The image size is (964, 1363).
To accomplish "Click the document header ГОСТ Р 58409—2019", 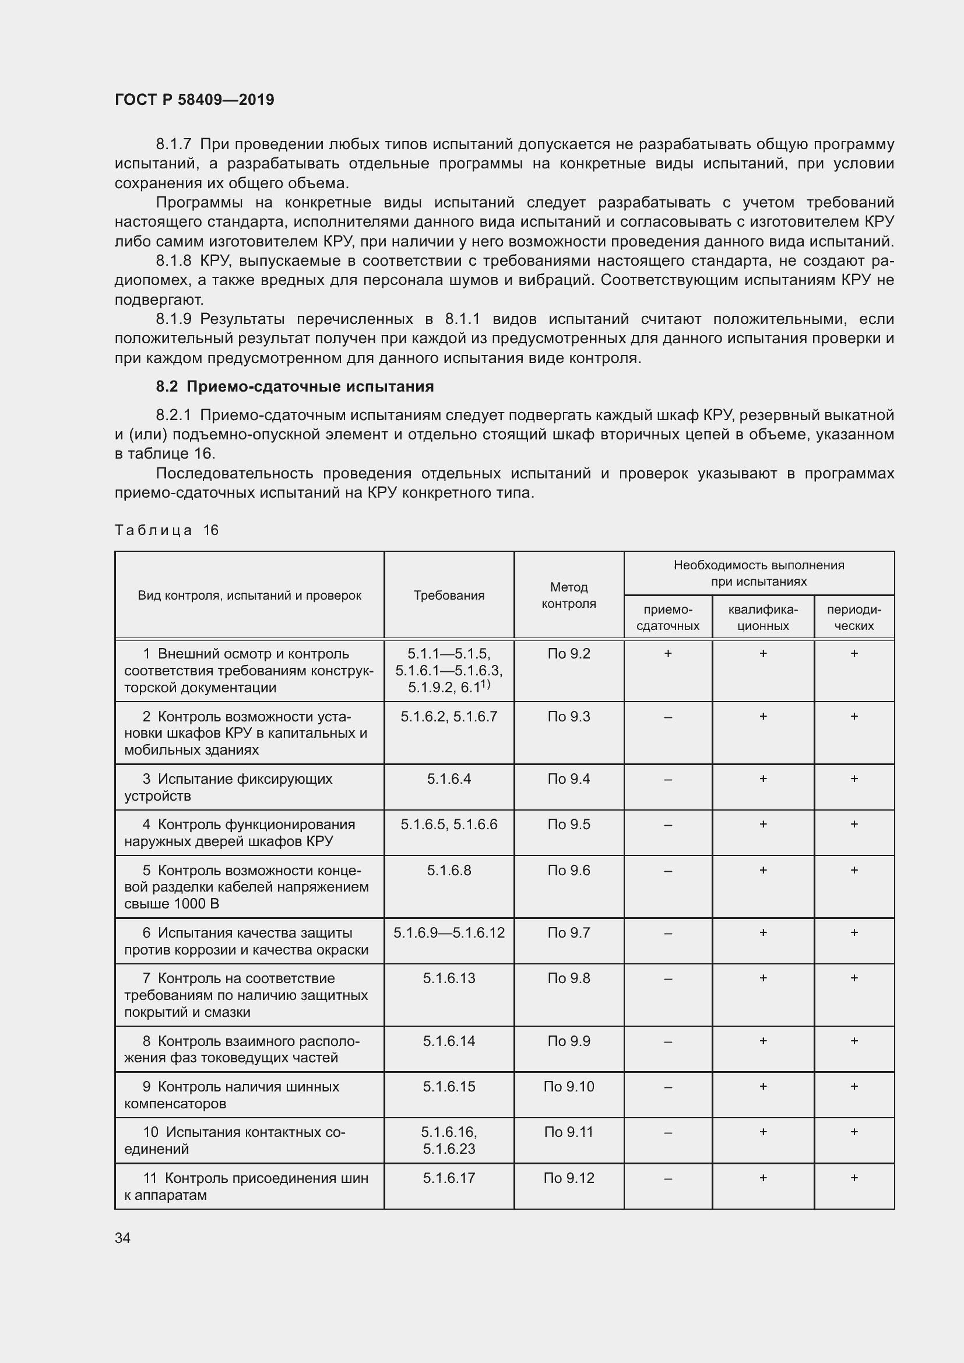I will [x=194, y=100].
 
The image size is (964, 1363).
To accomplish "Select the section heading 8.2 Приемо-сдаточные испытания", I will [x=294, y=386].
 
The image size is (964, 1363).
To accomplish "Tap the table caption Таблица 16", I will [x=166, y=530].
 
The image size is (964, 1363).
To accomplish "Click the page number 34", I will [x=122, y=1238].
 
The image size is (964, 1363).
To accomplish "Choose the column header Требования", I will [x=449, y=596].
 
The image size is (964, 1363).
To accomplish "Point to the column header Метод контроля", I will [x=569, y=596].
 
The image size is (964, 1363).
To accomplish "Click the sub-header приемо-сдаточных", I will [x=668, y=617].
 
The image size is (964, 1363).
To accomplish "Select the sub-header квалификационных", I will [x=763, y=617].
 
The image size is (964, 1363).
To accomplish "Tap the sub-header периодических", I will [x=854, y=617].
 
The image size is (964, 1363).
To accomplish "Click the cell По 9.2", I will [x=569, y=654].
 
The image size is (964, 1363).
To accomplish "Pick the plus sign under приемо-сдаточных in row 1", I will [x=668, y=654].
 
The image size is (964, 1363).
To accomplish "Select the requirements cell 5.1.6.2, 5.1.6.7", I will [x=449, y=717].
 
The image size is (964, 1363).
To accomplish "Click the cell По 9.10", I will [x=569, y=1086].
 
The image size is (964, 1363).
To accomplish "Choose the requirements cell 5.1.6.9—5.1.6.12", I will [x=449, y=932].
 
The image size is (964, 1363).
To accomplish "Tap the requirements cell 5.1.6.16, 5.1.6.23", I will [x=449, y=1140].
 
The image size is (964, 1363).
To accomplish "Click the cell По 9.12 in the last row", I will [x=569, y=1178].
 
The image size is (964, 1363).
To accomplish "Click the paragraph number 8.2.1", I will [x=173, y=415].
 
